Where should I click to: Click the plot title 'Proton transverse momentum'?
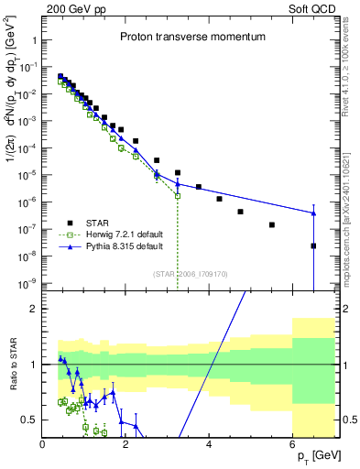[x=192, y=38]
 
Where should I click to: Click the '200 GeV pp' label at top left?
[x=71, y=7]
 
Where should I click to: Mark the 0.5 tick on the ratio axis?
[x=30, y=420]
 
